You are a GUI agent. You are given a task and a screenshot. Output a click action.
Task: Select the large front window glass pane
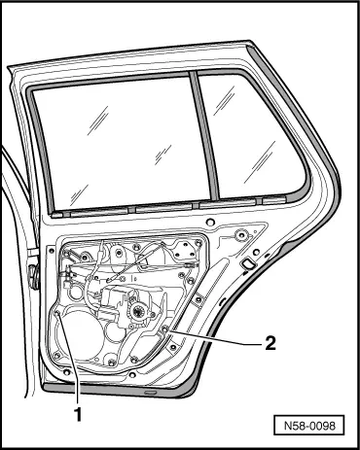112,146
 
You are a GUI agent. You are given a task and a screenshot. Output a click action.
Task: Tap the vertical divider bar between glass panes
200,141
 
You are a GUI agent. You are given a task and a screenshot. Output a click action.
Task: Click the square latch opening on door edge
249,263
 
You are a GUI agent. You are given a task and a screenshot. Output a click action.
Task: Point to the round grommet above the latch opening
240,235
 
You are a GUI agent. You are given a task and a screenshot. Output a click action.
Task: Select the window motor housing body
126,301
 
